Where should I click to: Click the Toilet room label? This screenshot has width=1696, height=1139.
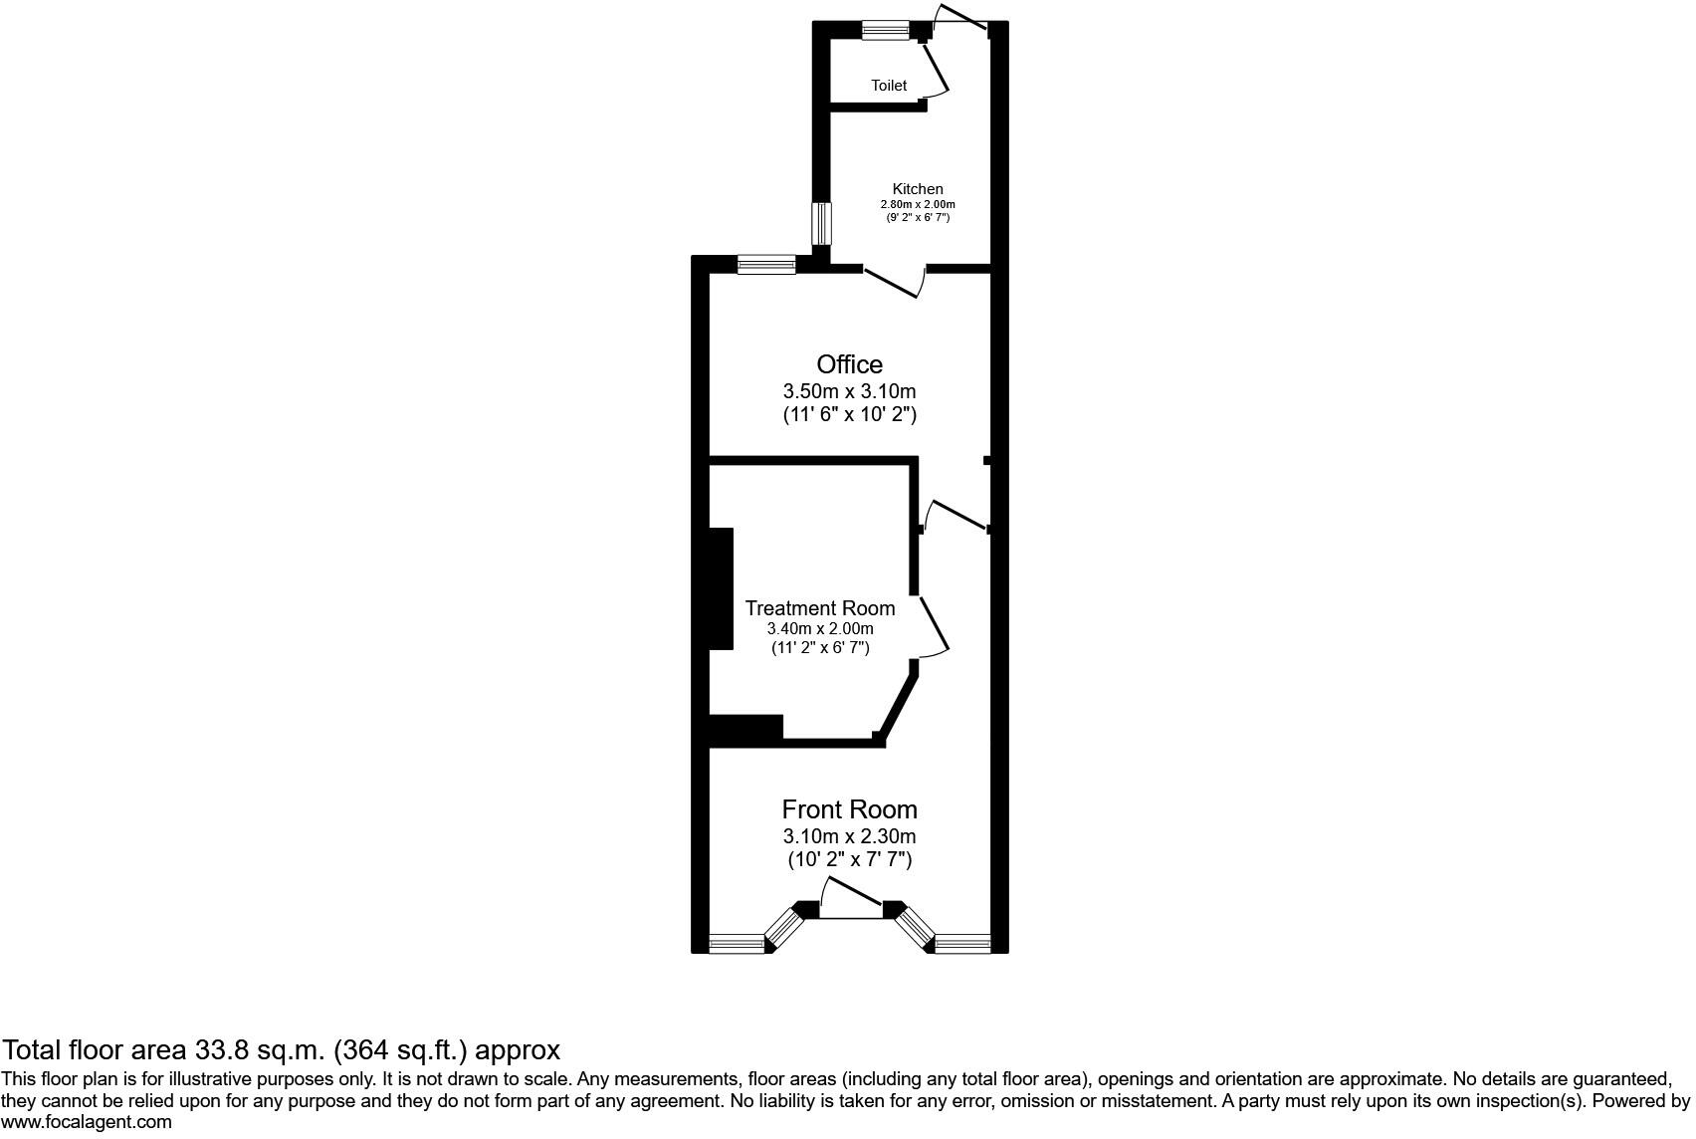pyautogui.click(x=889, y=86)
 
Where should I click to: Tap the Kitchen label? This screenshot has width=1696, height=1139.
pyautogui.click(x=918, y=189)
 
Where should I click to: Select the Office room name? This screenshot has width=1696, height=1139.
pyautogui.click(x=849, y=364)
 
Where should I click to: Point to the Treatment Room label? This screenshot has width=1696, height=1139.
pyautogui.click(x=820, y=608)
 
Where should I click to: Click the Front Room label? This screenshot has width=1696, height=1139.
pyautogui.click(x=849, y=809)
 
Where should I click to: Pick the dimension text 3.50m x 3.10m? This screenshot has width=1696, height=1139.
pyautogui.click(x=849, y=391)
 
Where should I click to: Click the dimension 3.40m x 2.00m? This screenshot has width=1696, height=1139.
pyautogui.click(x=820, y=629)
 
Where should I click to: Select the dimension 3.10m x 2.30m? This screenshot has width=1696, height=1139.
pyautogui.click(x=849, y=836)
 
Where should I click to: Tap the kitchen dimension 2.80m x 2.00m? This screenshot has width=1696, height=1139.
pyautogui.click(x=918, y=204)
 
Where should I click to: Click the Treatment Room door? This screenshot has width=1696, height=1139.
pyautogui.click(x=934, y=625)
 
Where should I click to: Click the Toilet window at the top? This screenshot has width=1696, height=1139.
pyautogui.click(x=886, y=31)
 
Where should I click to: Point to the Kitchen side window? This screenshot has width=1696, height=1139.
pyautogui.click(x=821, y=223)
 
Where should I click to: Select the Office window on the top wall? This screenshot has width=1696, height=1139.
pyautogui.click(x=766, y=264)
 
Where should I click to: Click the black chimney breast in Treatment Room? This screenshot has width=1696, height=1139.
pyautogui.click(x=721, y=589)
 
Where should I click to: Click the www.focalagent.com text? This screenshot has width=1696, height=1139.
pyautogui.click(x=87, y=1122)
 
